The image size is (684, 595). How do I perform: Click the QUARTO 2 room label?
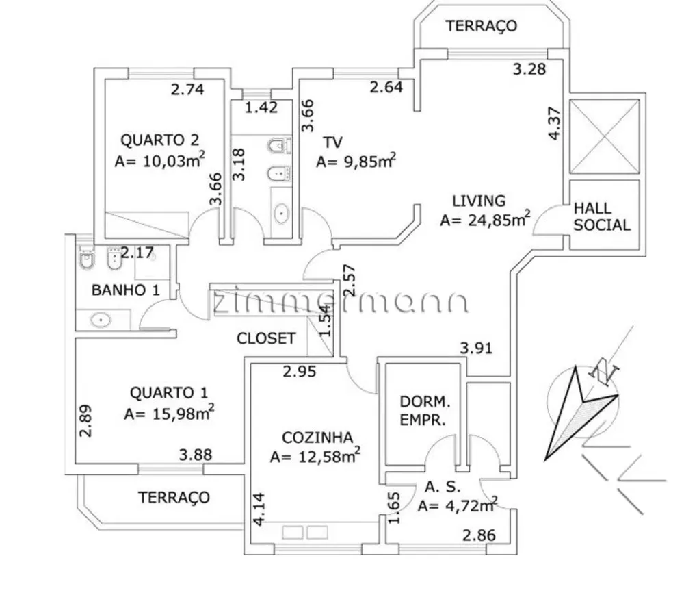pos(159,140)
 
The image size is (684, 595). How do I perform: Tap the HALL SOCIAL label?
pos(601,216)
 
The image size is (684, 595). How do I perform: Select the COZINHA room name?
pos(317,438)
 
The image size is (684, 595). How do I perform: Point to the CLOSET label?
pos(266,338)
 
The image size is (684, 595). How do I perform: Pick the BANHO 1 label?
pos(126,290)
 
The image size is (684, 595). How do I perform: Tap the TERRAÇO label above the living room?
pos(481,26)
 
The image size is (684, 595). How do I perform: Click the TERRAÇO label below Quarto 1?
pos(174,497)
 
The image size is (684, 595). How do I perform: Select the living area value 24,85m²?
pos(486,219)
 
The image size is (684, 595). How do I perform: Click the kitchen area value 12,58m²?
pos(315,456)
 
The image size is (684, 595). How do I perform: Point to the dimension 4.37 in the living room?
pos(554,123)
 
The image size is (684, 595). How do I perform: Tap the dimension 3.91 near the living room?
pos(476,349)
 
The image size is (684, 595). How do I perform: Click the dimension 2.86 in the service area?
pos(479,535)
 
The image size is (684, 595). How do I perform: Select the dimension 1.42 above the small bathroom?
pos(261,107)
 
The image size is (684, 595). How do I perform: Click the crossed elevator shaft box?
pos(605,136)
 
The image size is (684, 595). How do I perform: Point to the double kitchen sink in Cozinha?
pos(305,533)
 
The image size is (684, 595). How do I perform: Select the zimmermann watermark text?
pos(340,301)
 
